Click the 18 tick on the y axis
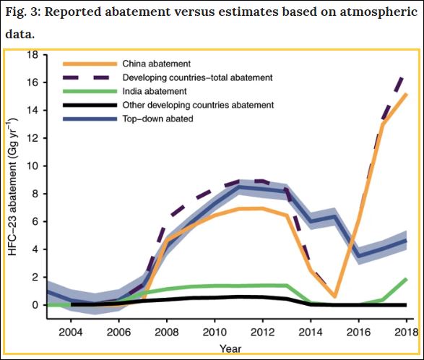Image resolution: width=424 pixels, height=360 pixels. pos(33,55)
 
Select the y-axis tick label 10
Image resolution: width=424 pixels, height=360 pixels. pos(33,166)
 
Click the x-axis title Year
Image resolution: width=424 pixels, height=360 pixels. pos(230,348)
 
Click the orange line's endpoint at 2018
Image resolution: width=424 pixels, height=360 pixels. pos(405,94)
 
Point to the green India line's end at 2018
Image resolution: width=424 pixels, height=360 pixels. pos(405,279)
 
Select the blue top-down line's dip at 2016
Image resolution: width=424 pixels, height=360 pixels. pos(359,255)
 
